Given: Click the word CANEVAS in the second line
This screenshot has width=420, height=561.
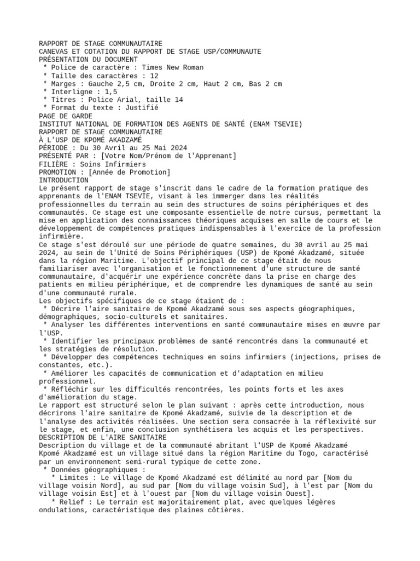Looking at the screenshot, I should pyautogui.click(x=54, y=51).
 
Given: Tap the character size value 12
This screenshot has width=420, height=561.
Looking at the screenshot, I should pyautogui.click(x=154, y=76).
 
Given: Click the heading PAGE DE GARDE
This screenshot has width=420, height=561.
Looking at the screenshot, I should pyautogui.click(x=66, y=116).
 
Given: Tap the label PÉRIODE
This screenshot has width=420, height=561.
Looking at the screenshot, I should pyautogui.click(x=54, y=148).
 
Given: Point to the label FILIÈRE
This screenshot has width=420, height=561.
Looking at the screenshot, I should pyautogui.click(x=54, y=164).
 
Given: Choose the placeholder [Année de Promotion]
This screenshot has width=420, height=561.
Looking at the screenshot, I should pyautogui.click(x=130, y=172).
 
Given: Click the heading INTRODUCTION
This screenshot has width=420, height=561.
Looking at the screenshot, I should pyautogui.click(x=63, y=180).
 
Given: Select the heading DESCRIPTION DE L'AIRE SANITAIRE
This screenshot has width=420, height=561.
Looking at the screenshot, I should pyautogui.click(x=103, y=438).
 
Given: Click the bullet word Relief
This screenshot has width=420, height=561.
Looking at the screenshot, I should pyautogui.click(x=74, y=502).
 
